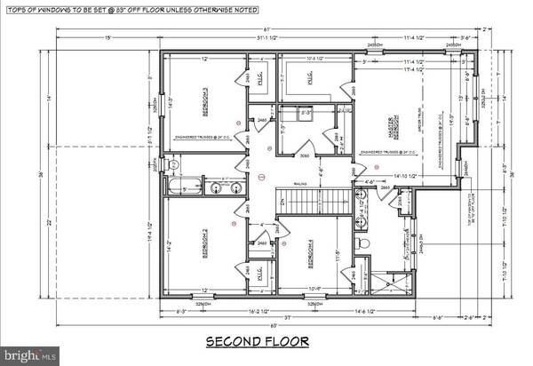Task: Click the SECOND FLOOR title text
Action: [258, 341]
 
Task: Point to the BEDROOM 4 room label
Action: [311, 255]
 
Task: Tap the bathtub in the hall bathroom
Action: [184, 187]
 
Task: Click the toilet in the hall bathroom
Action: [175, 165]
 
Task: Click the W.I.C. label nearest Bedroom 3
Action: [258, 78]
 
